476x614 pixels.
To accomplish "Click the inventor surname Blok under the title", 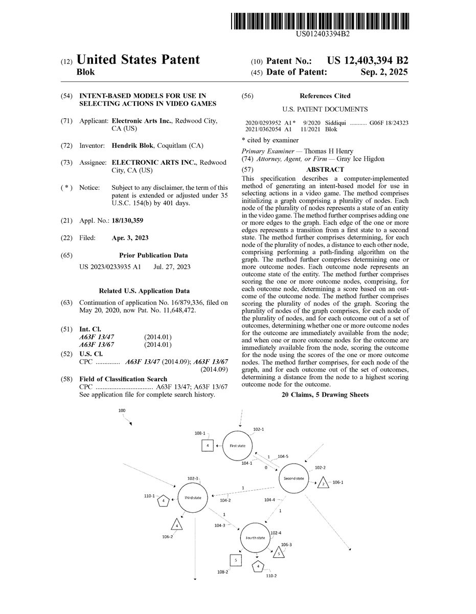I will [x=85, y=72].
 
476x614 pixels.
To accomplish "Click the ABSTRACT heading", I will [x=325, y=169].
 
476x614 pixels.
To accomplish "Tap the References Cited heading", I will [x=325, y=96].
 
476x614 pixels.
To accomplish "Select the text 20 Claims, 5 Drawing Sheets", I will [x=325, y=395].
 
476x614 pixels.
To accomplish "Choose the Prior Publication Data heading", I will [x=153, y=255].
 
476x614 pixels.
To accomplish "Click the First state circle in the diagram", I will [x=237, y=446].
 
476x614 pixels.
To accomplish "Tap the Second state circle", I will [x=293, y=478].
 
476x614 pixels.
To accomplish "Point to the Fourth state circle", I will [x=255, y=538].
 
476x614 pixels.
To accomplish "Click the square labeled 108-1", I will [x=207, y=446].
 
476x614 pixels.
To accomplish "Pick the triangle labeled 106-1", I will [x=323, y=484].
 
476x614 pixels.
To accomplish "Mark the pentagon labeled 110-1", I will [x=162, y=501].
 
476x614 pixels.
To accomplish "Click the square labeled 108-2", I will [x=235, y=560].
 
